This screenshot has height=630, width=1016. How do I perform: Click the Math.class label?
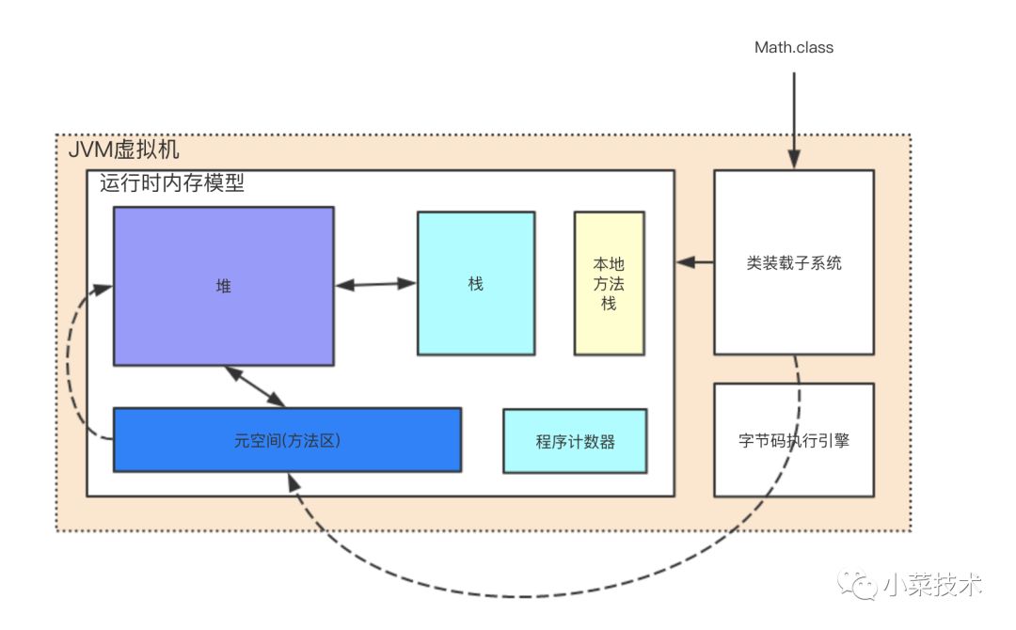(x=793, y=47)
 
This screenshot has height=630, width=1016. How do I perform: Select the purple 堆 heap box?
(x=223, y=286)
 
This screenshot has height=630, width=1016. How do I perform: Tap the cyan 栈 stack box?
(x=476, y=283)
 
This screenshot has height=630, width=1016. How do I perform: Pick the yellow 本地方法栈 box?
(x=609, y=283)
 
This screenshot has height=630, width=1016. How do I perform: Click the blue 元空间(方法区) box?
(x=287, y=439)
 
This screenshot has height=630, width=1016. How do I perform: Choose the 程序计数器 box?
(x=575, y=441)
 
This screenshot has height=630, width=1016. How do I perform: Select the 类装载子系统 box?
(x=793, y=262)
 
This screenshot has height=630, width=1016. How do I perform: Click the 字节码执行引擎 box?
(x=793, y=439)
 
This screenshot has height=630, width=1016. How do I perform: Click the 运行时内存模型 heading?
(x=172, y=183)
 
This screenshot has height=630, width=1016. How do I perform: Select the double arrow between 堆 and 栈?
(x=375, y=283)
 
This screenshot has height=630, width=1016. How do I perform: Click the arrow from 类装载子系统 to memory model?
(x=694, y=261)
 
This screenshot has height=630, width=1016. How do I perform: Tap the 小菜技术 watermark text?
(x=931, y=585)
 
